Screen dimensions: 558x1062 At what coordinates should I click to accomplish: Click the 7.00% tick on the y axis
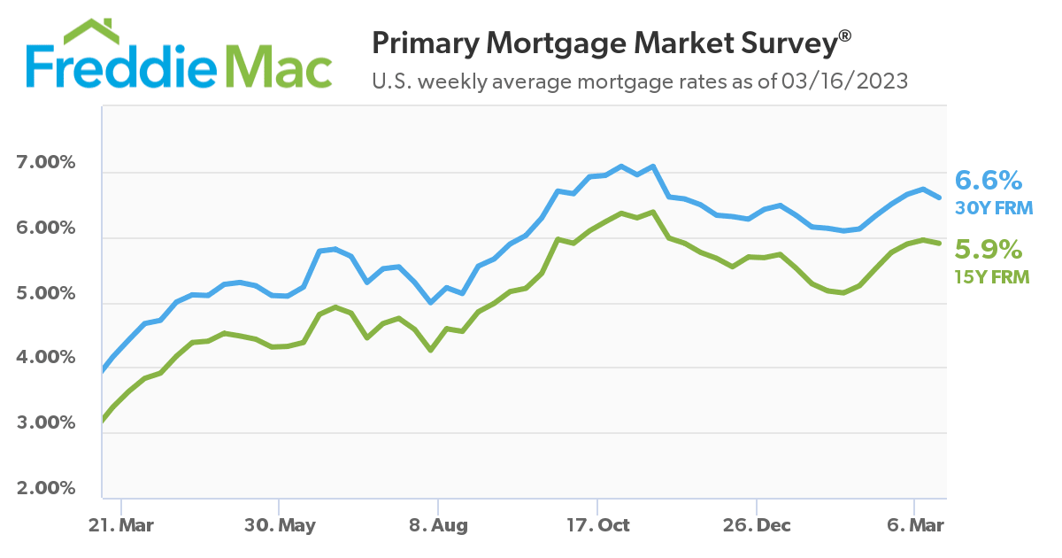point(46,165)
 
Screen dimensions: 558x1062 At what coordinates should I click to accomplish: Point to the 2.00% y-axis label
point(46,489)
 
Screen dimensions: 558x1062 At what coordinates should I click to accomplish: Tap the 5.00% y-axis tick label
point(46,294)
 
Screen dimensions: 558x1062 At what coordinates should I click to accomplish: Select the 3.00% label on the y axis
point(46,423)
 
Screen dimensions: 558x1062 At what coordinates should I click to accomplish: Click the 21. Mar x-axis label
point(120,525)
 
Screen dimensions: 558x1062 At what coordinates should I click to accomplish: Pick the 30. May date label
point(279,525)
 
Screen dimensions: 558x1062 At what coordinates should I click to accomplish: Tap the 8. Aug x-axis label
point(438,525)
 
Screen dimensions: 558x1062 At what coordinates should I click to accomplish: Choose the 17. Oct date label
point(597,525)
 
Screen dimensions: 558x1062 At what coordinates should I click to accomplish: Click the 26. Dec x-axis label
point(757,525)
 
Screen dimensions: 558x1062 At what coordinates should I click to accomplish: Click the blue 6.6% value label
point(989,182)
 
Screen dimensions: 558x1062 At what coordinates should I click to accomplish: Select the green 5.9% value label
point(989,249)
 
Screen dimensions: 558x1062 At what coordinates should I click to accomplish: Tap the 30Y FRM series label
point(994,209)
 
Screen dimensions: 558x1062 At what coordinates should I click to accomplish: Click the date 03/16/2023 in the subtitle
point(844,81)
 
